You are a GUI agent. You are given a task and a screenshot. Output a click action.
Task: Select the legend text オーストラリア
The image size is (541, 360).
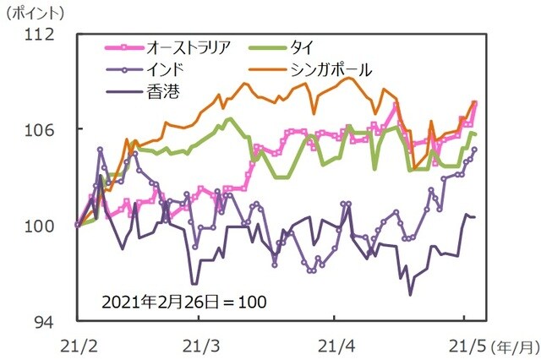pyautogui.click(x=185, y=46)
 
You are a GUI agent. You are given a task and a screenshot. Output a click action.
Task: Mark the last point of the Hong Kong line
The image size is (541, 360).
pyautogui.click(x=474, y=217)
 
